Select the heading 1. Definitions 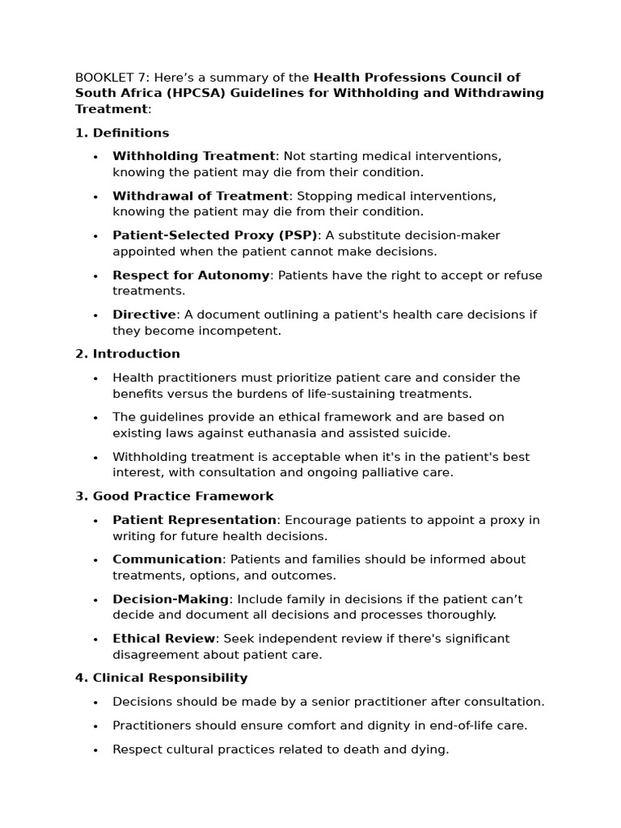click(122, 133)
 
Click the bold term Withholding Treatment click(193, 156)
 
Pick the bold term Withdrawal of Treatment click(200, 196)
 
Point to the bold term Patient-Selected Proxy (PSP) click(215, 235)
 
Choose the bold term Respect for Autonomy click(191, 275)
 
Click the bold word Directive click(144, 315)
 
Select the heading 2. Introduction click(128, 353)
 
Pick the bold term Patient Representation click(194, 520)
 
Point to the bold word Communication click(167, 560)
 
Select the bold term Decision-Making click(171, 599)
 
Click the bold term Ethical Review click(164, 639)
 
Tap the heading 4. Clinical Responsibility click(162, 678)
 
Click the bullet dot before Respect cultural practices click(95, 750)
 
